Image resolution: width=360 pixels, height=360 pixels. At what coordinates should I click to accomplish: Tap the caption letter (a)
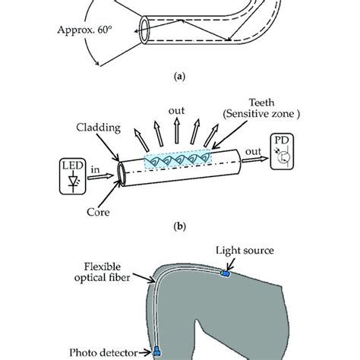(179, 76)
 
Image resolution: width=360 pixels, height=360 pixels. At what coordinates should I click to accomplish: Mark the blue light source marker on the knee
(224, 273)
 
